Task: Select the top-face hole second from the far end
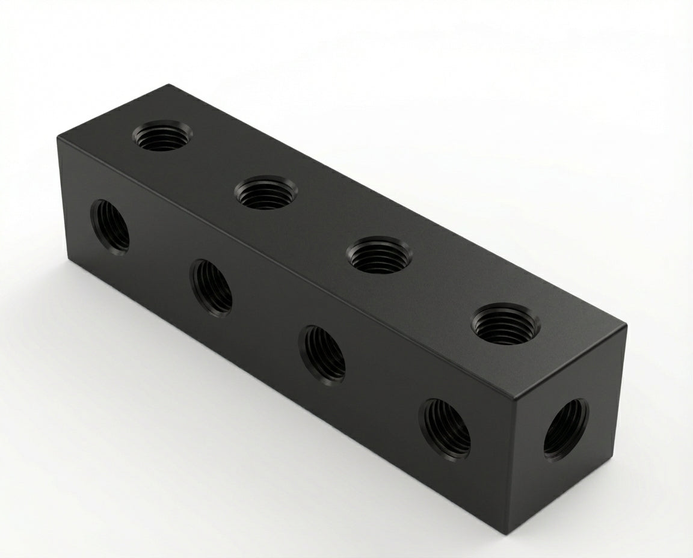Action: point(265,192)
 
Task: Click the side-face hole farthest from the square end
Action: point(110,227)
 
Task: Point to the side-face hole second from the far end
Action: point(211,287)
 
